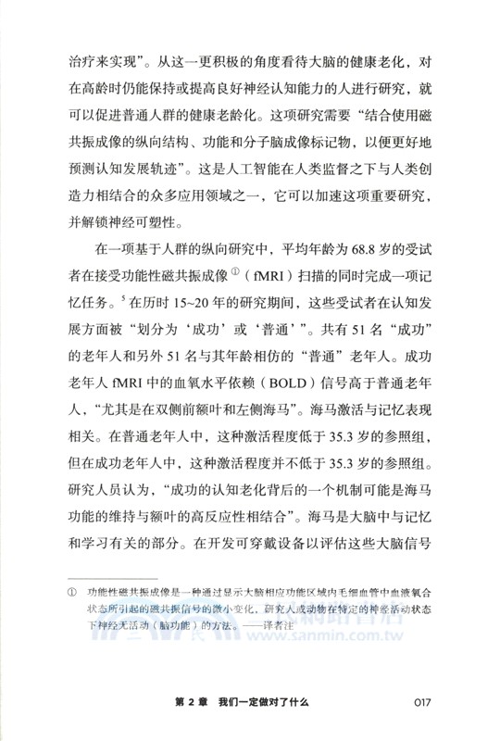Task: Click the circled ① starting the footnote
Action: click(x=68, y=589)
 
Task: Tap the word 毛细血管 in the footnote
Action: click(x=355, y=589)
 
